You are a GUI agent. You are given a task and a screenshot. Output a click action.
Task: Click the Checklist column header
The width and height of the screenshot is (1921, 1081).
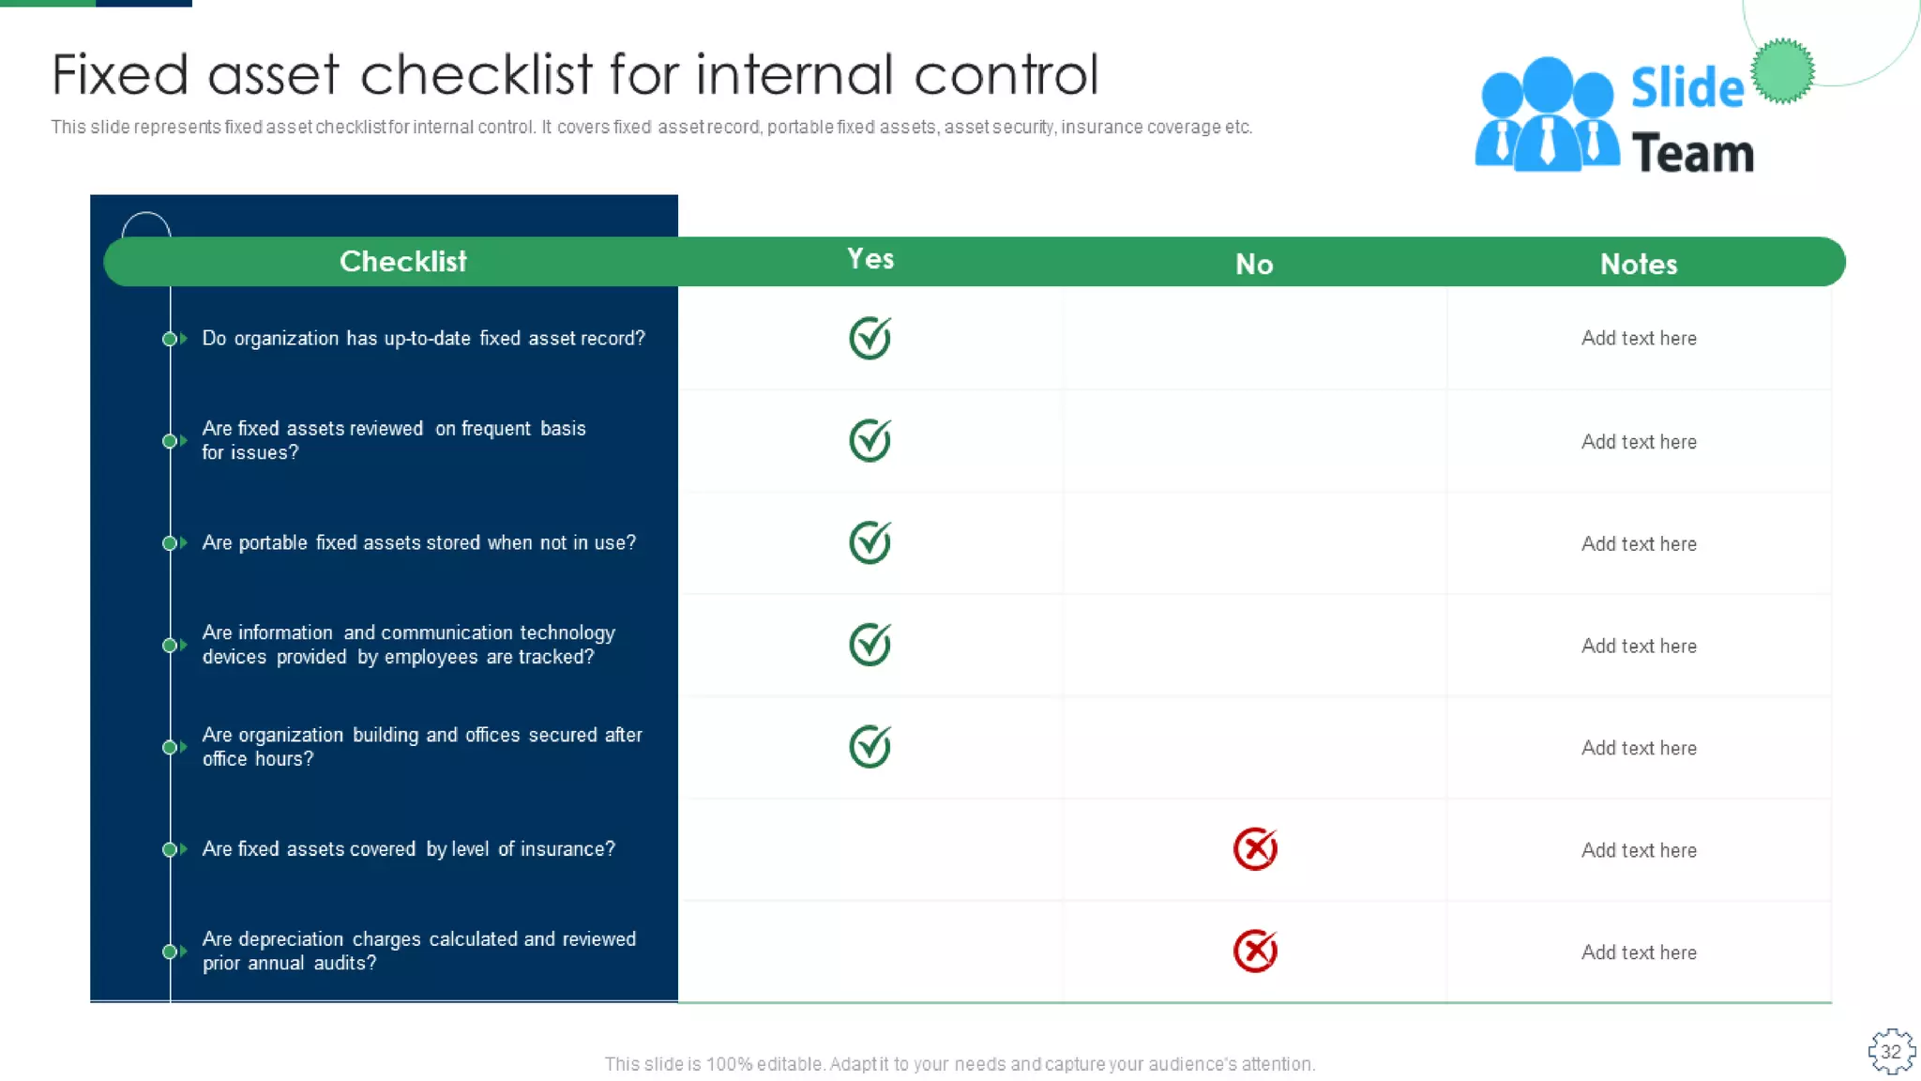[402, 261]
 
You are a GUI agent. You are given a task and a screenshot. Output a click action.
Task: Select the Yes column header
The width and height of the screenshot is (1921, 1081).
[870, 259]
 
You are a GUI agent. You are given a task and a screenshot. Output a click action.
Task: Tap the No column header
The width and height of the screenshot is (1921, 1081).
[1254, 265]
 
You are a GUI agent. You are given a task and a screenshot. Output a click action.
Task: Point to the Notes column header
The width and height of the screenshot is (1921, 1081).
[1639, 265]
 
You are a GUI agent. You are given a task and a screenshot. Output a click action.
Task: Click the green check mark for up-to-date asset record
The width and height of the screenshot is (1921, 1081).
[870, 338]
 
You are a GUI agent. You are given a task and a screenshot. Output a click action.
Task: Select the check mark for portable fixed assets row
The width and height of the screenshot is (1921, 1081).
[870, 542]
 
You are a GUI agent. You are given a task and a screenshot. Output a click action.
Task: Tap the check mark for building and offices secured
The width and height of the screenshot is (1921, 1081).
[870, 747]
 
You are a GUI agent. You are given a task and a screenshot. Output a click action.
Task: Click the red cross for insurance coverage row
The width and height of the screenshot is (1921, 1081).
[1255, 849]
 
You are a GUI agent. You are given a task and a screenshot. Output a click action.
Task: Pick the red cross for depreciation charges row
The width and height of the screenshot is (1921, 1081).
[1255, 952]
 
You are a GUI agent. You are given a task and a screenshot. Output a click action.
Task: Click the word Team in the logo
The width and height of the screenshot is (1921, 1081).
[1692, 153]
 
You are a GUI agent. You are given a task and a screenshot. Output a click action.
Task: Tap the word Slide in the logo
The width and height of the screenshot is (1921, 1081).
[1687, 88]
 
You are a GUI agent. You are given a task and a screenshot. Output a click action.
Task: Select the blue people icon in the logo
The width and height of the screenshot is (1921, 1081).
[1547, 115]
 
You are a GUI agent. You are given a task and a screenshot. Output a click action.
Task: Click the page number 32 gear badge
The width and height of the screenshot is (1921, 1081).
[1891, 1052]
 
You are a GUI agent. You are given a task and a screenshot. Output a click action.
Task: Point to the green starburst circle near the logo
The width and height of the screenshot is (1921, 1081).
[1782, 71]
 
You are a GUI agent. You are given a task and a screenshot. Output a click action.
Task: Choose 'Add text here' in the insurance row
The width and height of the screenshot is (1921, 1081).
[1639, 850]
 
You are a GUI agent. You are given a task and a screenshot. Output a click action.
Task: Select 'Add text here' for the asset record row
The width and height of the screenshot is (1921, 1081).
[1639, 338]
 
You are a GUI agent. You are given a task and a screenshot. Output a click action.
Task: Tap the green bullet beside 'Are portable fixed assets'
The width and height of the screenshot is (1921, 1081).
[170, 543]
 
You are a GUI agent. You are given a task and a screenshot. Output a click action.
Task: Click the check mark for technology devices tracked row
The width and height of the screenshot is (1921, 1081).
[870, 645]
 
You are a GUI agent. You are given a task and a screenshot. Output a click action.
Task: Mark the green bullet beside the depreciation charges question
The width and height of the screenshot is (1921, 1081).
[170, 952]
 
